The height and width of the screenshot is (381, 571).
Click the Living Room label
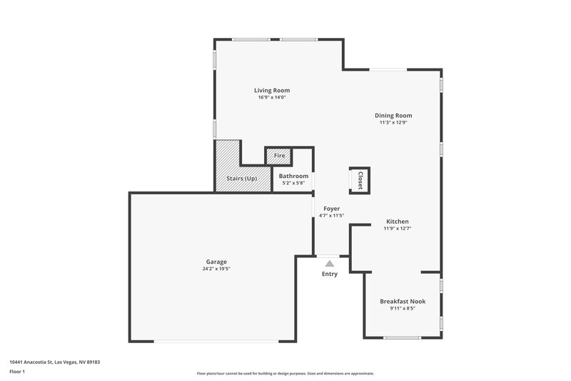[x=272, y=90]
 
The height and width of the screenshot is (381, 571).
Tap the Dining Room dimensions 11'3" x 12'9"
[x=393, y=122]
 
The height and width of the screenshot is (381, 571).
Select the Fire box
[x=279, y=156]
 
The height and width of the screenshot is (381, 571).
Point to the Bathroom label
[x=293, y=176]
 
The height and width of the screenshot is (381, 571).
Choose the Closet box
[x=359, y=180]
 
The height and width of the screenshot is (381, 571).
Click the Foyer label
[x=331, y=208]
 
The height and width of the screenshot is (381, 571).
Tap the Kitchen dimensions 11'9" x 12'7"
[x=398, y=228]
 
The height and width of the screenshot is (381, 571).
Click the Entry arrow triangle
[x=329, y=264]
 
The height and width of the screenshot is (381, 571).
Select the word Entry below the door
[x=329, y=274]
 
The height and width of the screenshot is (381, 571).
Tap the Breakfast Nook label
[x=403, y=302]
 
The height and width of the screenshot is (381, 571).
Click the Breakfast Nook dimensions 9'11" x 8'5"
[x=403, y=309]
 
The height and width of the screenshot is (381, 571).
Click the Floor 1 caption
[x=17, y=372]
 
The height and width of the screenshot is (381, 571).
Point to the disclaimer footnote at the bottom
[x=285, y=373]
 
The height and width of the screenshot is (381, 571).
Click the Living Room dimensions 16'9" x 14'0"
[x=272, y=97]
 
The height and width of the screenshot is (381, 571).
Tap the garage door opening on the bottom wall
[x=216, y=341]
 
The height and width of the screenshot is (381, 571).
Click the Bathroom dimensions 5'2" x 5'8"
[x=293, y=183]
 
